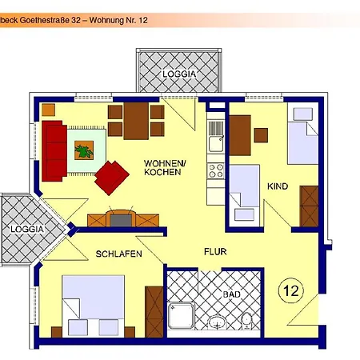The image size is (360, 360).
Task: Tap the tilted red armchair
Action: tap(111, 177)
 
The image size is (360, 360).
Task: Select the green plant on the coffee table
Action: tap(84, 149)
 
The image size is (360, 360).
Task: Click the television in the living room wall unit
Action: tap(120, 218)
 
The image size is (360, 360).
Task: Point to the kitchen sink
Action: tap(215, 143)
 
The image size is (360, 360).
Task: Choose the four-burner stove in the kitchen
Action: tap(215, 170)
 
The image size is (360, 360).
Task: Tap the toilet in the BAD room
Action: tap(247, 321)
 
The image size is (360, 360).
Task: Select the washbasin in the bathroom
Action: tap(217, 322)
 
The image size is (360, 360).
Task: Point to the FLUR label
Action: tap(214, 251)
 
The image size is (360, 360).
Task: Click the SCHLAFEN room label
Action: tap(118, 254)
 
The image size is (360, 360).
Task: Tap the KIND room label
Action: tap(278, 186)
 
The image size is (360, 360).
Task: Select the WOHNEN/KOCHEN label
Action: tap(164, 168)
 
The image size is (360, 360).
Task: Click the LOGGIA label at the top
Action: tap(178, 73)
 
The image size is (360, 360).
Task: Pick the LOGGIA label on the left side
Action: tap(26, 230)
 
